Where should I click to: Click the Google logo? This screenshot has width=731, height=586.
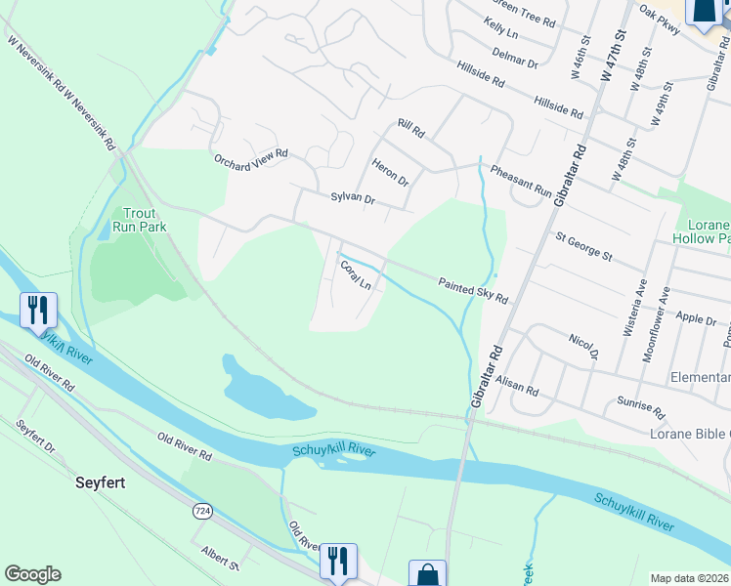tap(32, 574)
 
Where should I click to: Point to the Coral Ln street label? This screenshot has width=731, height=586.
tap(355, 274)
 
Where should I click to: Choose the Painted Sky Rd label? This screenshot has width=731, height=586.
tap(473, 290)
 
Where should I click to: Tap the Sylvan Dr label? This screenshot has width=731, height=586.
tap(353, 198)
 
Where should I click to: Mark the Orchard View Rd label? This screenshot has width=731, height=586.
tap(252, 154)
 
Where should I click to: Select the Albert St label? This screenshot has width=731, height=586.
tap(219, 554)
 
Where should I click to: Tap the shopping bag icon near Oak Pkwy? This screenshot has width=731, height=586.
tap(704, 12)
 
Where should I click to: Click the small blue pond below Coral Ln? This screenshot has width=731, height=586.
tap(254, 386)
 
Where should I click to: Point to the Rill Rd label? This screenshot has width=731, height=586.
tap(411, 128)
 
